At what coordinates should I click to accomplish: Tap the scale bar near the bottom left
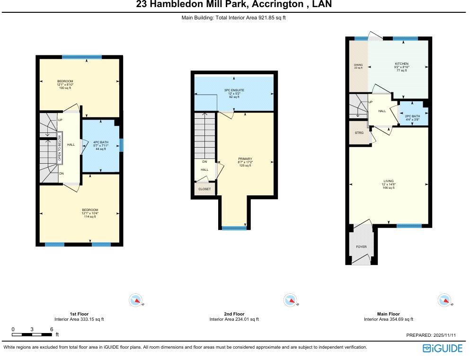pos(32,334)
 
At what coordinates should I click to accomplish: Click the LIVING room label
pos(389,181)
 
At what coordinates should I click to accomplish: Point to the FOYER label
pos(361,246)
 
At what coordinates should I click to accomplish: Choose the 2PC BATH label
pos(412,116)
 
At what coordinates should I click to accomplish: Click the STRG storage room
pos(359,133)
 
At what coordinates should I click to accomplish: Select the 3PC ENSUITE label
pos(234,89)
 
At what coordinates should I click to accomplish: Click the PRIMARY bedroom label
pos(245,159)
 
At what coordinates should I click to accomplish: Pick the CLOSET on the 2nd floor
pos(204,189)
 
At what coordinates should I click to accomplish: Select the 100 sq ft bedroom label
pos(65,81)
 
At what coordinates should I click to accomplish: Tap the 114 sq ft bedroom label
pos(89,210)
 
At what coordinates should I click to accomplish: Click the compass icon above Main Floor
pos(443,300)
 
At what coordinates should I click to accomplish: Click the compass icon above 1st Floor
pos(135,300)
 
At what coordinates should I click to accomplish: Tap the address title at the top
pos(234,5)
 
